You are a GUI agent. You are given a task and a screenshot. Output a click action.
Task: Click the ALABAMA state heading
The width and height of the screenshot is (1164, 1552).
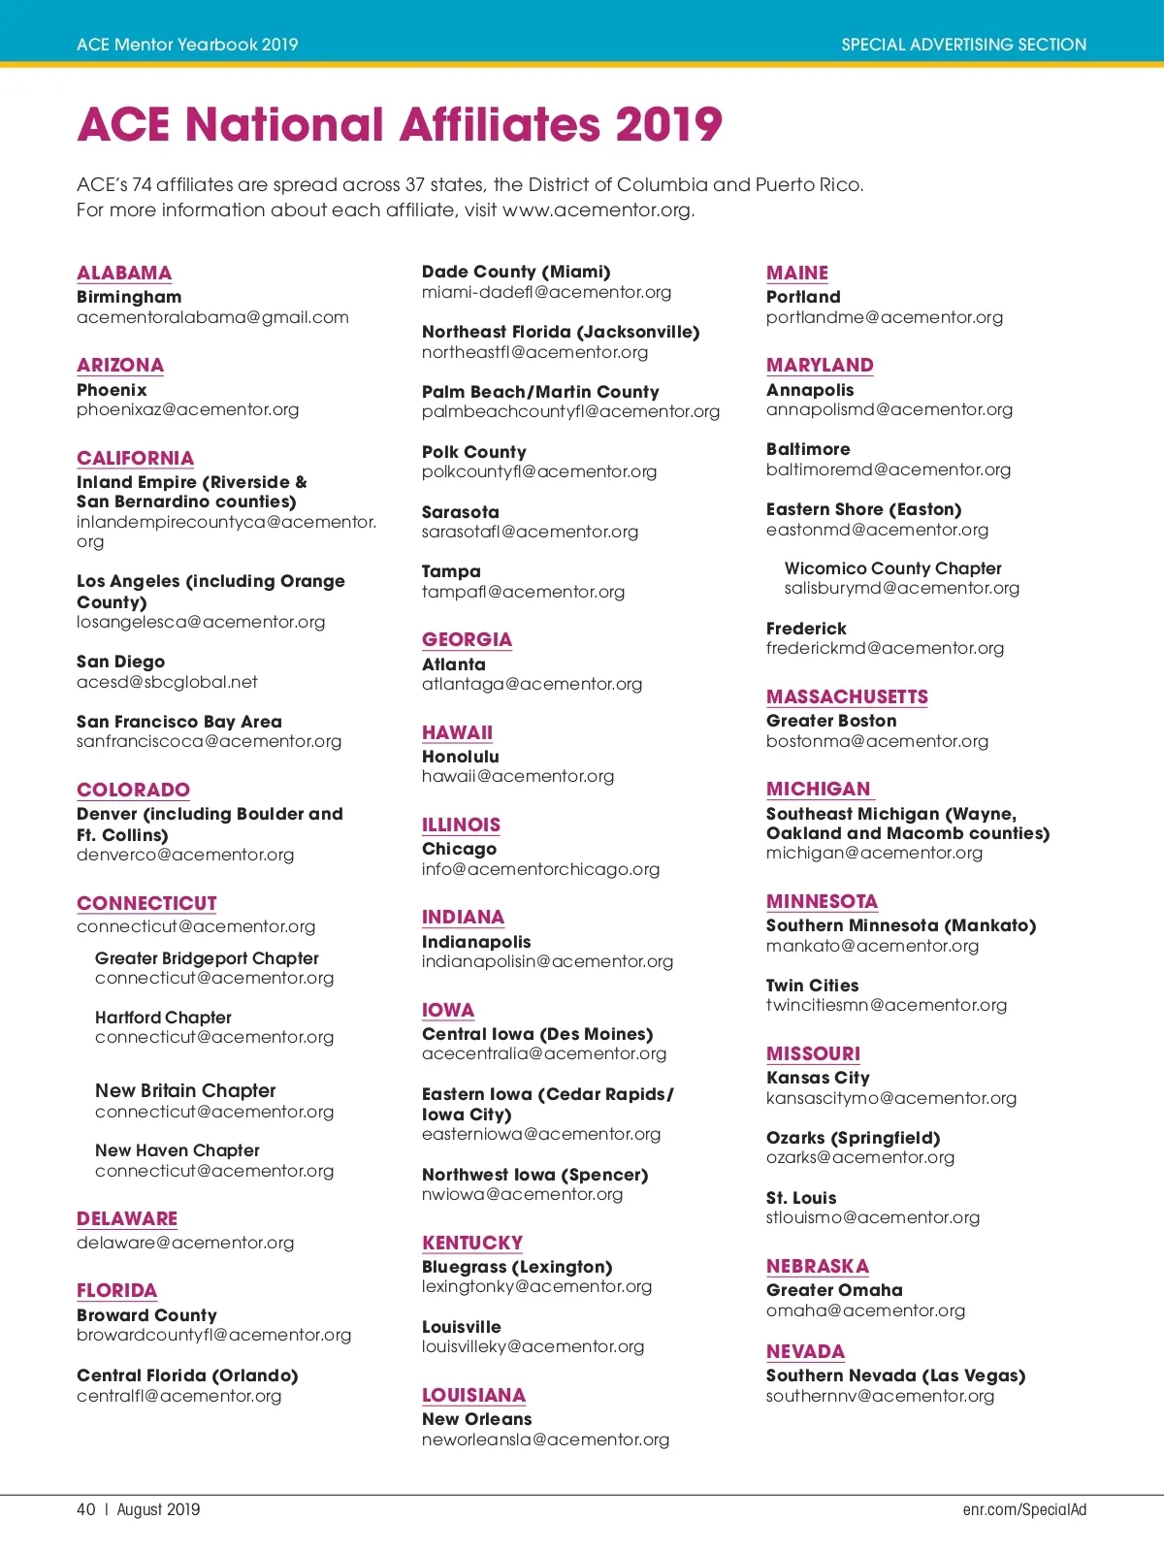(124, 273)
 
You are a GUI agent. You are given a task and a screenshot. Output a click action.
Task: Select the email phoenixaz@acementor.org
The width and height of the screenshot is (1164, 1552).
(187, 409)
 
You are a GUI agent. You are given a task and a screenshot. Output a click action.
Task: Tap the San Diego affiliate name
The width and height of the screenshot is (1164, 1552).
(120, 662)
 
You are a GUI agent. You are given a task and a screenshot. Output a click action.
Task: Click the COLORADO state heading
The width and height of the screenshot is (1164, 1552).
(133, 790)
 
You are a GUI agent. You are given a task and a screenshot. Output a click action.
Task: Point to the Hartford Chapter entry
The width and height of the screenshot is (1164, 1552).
(163, 1018)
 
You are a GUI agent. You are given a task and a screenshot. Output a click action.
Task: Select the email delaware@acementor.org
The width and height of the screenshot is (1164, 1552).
(185, 1243)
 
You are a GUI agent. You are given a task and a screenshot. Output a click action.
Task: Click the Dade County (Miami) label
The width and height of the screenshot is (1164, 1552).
(516, 272)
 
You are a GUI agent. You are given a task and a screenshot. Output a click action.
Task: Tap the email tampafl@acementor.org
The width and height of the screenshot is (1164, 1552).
(523, 592)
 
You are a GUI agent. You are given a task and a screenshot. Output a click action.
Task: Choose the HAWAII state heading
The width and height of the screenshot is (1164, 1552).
(457, 732)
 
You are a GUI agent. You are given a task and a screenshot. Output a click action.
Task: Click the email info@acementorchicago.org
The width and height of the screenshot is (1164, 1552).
(540, 869)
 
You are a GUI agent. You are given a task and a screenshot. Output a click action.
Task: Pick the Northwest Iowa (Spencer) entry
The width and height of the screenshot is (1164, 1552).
(534, 1175)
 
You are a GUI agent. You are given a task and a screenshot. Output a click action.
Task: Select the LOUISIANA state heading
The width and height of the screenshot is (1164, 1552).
(473, 1395)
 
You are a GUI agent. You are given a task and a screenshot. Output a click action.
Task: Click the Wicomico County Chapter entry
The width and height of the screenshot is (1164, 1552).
(892, 568)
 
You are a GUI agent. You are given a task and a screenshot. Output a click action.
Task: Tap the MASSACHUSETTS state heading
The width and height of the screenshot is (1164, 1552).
(847, 696)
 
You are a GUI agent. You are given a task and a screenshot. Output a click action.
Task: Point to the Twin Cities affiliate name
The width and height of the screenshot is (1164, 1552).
(812, 986)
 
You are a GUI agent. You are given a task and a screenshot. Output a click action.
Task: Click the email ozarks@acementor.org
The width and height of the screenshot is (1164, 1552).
(859, 1157)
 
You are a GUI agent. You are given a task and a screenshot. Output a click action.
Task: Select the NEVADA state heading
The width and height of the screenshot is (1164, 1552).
(805, 1351)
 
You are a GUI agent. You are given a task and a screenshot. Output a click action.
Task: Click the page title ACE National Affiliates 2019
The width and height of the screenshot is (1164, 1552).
(400, 124)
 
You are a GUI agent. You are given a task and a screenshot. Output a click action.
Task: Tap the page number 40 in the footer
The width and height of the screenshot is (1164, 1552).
(86, 1509)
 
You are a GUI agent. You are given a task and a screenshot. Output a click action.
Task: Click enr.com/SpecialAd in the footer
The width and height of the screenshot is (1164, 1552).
(1024, 1509)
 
